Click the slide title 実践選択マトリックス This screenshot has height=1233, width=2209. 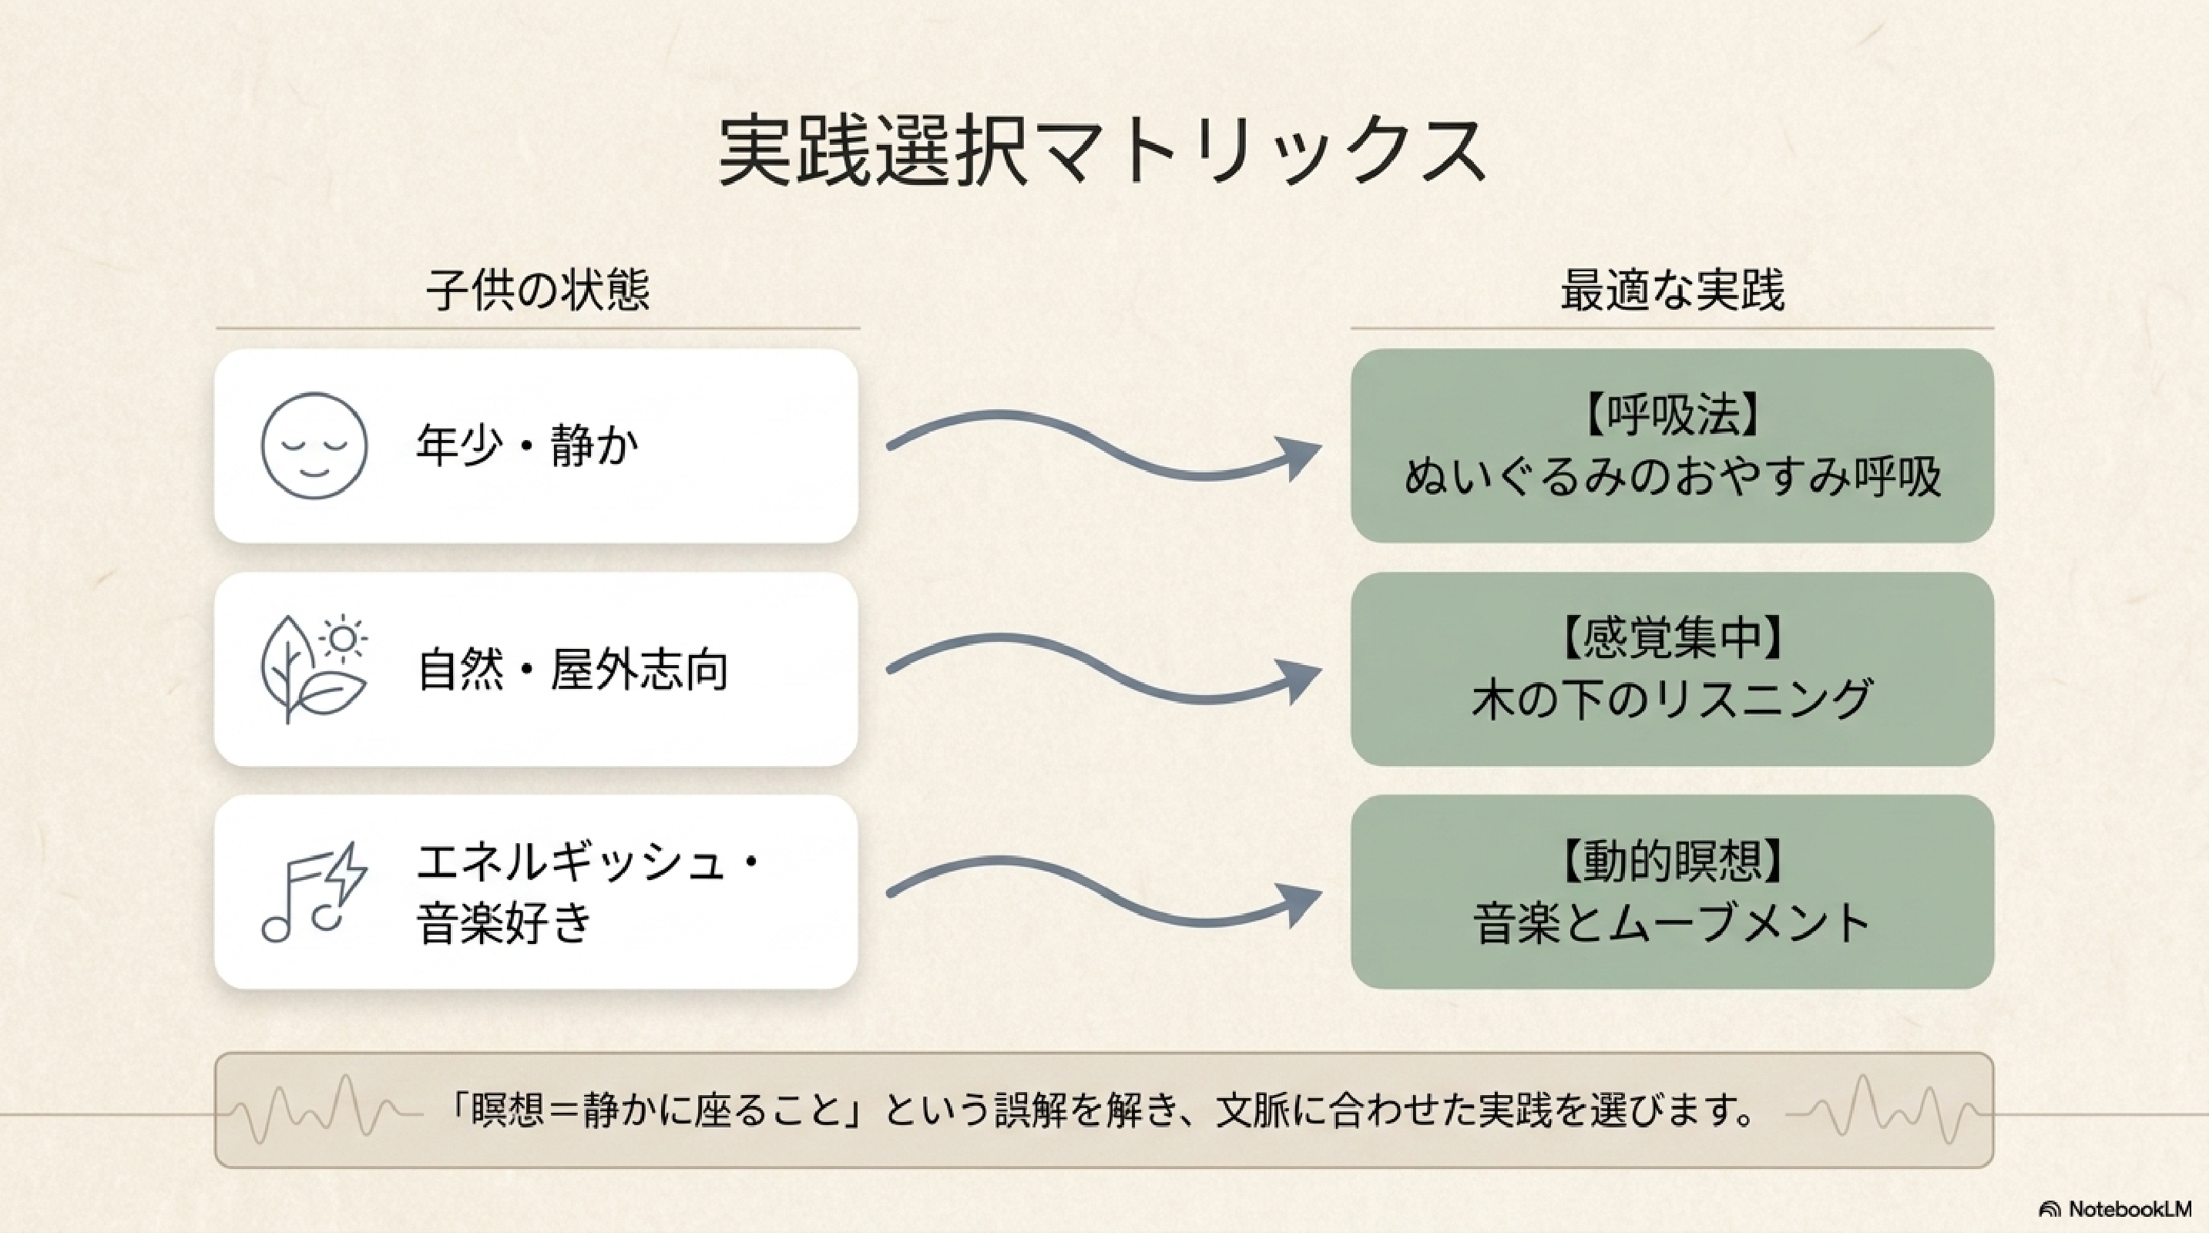1103,152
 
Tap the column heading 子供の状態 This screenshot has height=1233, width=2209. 538,290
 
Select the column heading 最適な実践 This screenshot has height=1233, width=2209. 1672,290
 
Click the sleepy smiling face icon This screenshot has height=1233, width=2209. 314,446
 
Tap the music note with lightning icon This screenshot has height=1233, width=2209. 314,892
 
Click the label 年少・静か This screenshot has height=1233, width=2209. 527,446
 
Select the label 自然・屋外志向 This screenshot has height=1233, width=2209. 572,670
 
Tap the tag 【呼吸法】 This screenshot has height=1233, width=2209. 1672,416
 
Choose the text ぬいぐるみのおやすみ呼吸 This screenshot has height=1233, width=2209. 1672,477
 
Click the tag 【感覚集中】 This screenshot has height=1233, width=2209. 1672,640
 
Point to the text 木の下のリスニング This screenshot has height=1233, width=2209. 1672,700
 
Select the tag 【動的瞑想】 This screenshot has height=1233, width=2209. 1672,862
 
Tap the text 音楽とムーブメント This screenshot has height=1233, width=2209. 1672,923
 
